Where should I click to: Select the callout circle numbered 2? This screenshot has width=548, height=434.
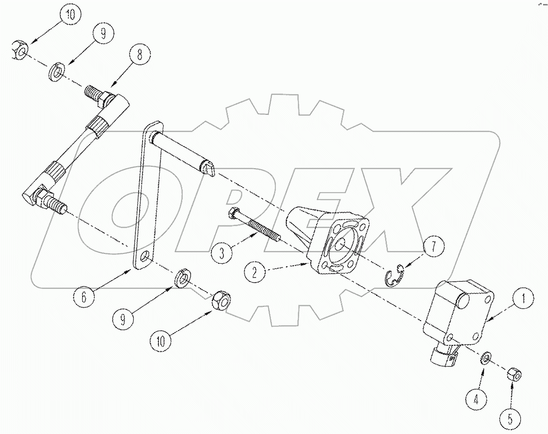click(x=254, y=273)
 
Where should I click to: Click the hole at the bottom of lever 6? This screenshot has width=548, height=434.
click(x=144, y=258)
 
